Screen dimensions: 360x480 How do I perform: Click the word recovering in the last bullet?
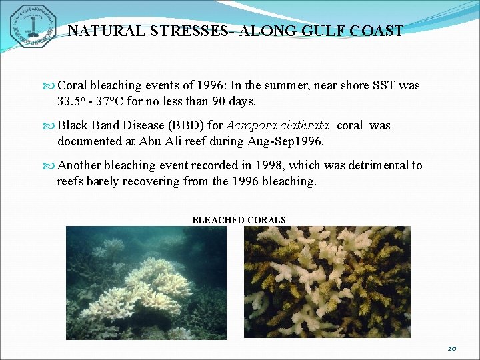coord(137,181)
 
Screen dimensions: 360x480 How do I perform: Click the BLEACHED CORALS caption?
coord(239,220)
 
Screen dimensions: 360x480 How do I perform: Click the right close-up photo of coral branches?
coord(327,282)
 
